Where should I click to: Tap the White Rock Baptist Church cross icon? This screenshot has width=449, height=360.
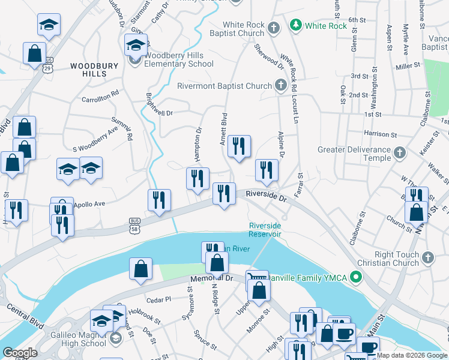tap(273, 28)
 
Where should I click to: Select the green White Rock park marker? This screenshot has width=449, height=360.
tap(295, 25)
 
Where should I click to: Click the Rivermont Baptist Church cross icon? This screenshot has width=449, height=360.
tap(280, 86)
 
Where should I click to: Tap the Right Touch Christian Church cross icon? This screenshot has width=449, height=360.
tap(427, 257)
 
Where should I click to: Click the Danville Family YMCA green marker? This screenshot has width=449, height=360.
tap(357, 277)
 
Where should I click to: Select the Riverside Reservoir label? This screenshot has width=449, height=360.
tap(265, 230)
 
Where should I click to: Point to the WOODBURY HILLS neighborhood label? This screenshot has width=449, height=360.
tap(88, 70)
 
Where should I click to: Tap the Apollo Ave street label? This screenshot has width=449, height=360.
tap(89, 204)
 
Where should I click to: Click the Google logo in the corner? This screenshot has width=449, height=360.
tap(19, 353)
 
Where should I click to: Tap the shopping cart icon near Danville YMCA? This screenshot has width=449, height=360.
tap(256, 278)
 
